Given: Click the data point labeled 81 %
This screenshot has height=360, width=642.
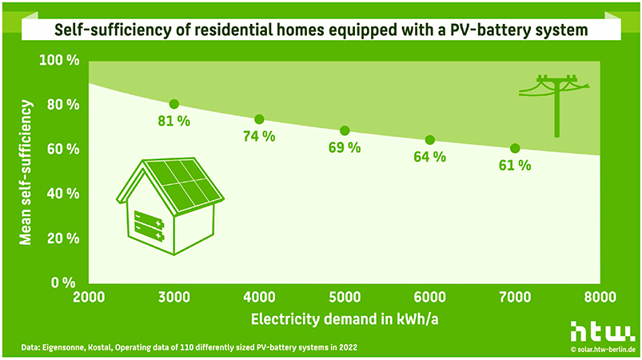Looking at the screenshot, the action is click(x=174, y=104).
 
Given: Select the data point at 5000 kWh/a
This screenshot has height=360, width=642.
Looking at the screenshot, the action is click(x=345, y=130).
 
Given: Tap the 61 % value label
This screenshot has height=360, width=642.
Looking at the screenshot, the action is click(x=515, y=165).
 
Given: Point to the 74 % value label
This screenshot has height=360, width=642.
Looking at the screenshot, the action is click(x=259, y=136).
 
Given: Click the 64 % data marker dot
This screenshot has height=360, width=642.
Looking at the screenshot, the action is click(x=430, y=140).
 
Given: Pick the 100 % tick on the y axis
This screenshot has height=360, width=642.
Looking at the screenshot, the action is click(x=59, y=60).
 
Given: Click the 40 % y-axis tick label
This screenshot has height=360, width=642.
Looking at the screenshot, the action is click(x=63, y=194).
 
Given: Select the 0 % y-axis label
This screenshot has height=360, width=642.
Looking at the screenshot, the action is click(x=63, y=282).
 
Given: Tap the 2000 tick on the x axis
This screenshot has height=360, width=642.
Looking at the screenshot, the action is click(x=89, y=297).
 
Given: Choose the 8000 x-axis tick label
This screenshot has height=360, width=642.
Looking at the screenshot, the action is click(x=600, y=297).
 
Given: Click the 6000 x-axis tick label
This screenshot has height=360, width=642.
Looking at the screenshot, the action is click(x=430, y=297).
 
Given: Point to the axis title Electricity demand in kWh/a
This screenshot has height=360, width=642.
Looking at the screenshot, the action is click(x=345, y=319).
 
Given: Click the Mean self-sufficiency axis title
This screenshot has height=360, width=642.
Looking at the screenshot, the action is click(x=26, y=173).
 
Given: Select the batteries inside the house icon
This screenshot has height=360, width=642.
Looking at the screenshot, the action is click(x=149, y=226).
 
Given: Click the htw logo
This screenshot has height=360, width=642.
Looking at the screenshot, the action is click(x=603, y=332).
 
